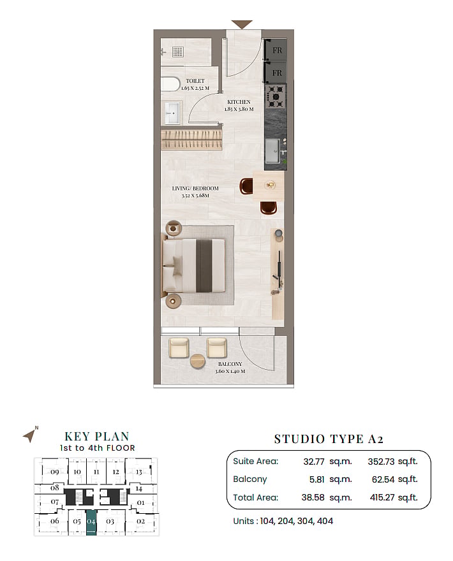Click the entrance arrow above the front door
[x=242, y=24]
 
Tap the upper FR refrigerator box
[x=276, y=50]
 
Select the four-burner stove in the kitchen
[x=276, y=97]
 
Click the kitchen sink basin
[x=272, y=150]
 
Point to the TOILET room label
[x=195, y=81]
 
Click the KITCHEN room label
[x=239, y=102]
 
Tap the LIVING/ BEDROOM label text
[x=195, y=188]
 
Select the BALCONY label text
[x=230, y=364]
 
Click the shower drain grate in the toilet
[x=177, y=52]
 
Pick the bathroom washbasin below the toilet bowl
[x=172, y=113]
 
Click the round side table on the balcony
[x=197, y=361]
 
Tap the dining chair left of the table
[x=246, y=186]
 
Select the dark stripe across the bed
[x=204, y=266]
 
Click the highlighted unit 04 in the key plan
[x=91, y=522]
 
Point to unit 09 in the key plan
[x=54, y=472]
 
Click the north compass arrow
[x=30, y=436]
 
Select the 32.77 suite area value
[x=314, y=462]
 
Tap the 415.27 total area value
[x=382, y=497]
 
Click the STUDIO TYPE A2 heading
[x=329, y=439]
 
